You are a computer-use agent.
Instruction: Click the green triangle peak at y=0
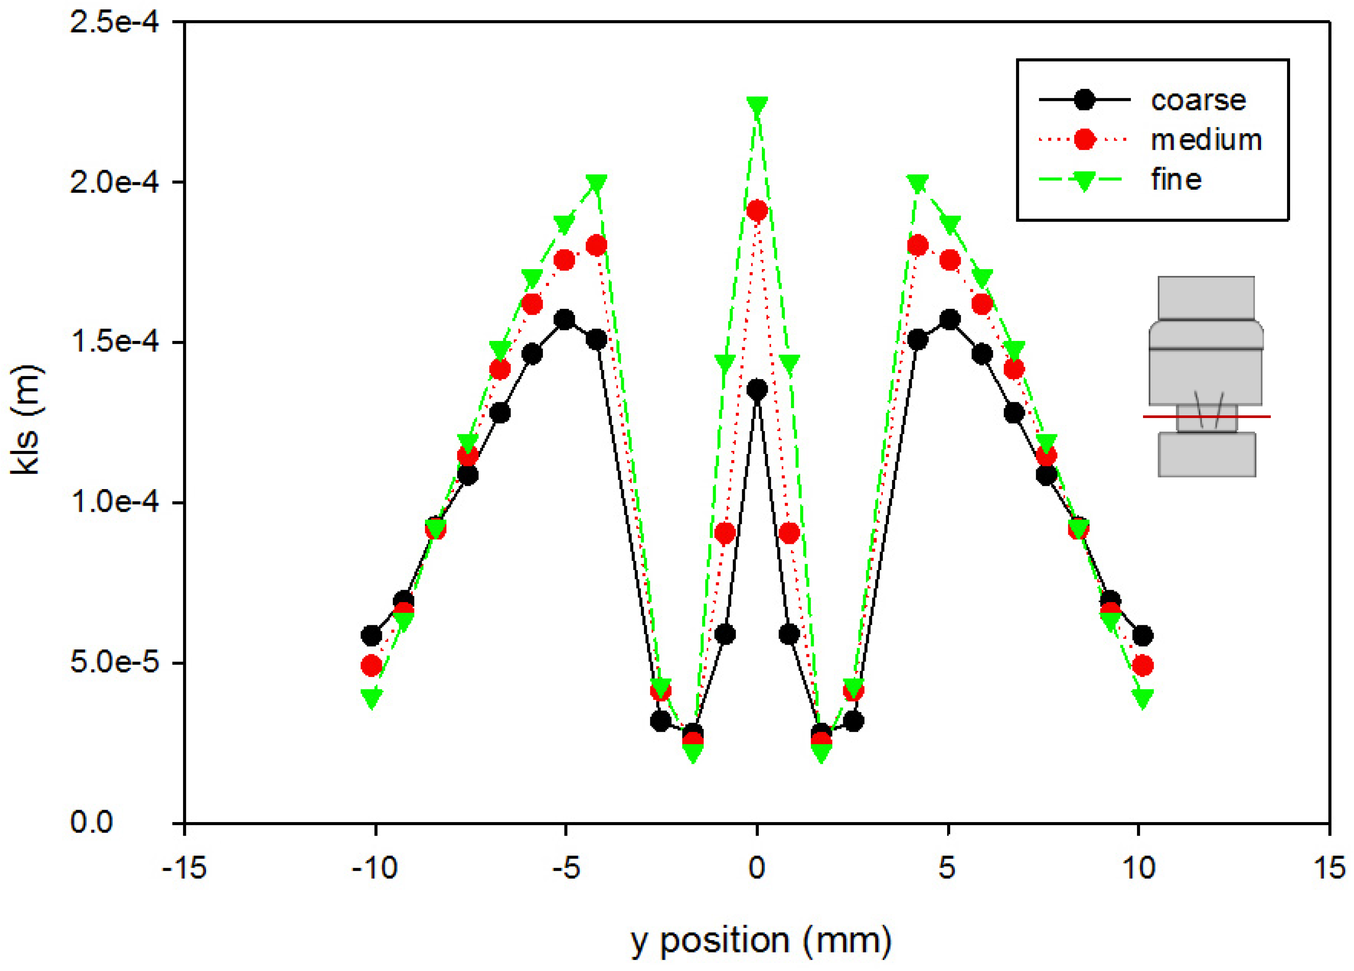(x=757, y=107)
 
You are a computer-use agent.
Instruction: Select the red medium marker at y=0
(x=757, y=211)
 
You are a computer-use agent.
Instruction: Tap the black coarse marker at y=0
(x=757, y=390)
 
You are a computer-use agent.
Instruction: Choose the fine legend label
(x=1176, y=180)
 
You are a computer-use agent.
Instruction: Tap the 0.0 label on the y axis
(x=92, y=822)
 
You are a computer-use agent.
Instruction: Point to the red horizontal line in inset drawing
(x=1206, y=417)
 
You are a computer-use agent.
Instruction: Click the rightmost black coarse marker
(x=1142, y=636)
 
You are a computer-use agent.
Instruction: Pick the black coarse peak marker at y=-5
(x=564, y=319)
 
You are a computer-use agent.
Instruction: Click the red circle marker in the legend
(x=1084, y=139)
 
